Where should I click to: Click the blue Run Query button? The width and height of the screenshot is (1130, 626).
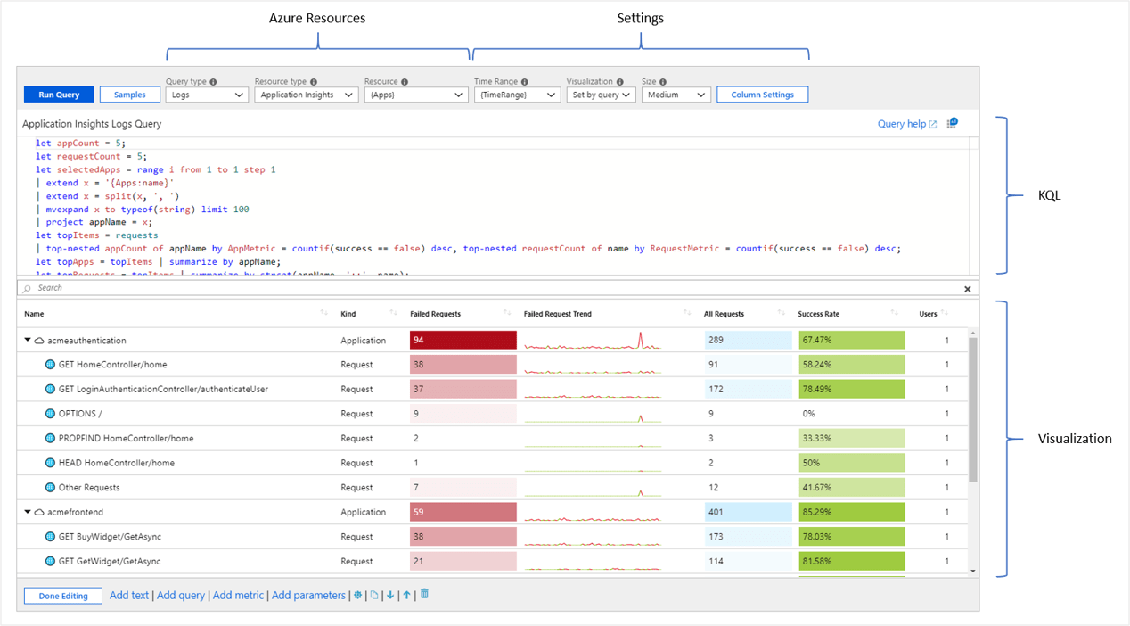coord(59,95)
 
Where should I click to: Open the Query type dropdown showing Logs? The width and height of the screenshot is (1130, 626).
coord(206,95)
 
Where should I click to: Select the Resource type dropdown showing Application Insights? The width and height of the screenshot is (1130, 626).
coord(306,95)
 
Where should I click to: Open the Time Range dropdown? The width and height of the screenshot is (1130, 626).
coord(516,95)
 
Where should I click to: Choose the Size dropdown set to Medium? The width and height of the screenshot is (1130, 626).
coord(676,95)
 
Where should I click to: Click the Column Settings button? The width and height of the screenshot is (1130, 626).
coord(762,95)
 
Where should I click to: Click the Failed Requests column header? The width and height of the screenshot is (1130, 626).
coord(435,314)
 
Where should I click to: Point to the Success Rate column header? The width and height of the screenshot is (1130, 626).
coord(818,314)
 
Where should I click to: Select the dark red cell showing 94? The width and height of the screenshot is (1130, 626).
coord(463,340)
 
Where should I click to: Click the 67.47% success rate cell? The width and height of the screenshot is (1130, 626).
coord(851,340)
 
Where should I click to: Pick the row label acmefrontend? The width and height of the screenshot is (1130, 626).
coord(76,512)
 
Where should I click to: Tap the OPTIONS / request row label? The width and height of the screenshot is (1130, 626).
coord(80,414)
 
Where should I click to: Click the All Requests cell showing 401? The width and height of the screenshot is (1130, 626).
coord(747,512)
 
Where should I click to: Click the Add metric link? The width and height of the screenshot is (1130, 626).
coord(238,596)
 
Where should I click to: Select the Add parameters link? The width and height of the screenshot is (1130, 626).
coord(308,596)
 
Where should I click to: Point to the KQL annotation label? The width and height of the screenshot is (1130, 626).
coord(1050,195)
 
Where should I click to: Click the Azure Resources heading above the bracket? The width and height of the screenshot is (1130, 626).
coord(317,18)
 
